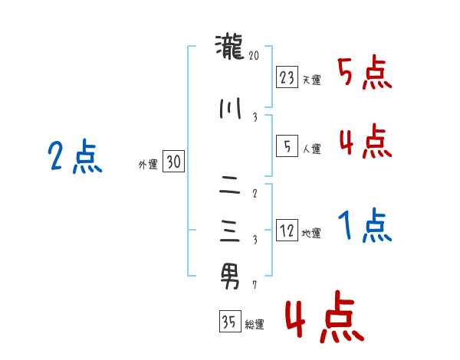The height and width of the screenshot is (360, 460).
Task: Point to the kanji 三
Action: click(229, 231)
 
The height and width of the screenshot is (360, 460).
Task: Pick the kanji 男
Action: click(229, 275)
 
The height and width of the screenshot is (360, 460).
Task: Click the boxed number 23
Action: click(287, 77)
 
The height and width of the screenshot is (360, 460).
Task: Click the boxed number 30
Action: click(174, 161)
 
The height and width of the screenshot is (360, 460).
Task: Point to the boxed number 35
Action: click(229, 322)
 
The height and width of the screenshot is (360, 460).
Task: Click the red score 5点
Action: click(364, 74)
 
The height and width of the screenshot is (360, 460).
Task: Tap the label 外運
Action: click(148, 164)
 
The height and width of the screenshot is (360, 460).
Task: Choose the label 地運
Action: click(311, 234)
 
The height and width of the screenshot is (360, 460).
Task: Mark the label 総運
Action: click(254, 325)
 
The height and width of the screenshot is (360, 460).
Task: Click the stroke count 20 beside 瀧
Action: click(255, 55)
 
